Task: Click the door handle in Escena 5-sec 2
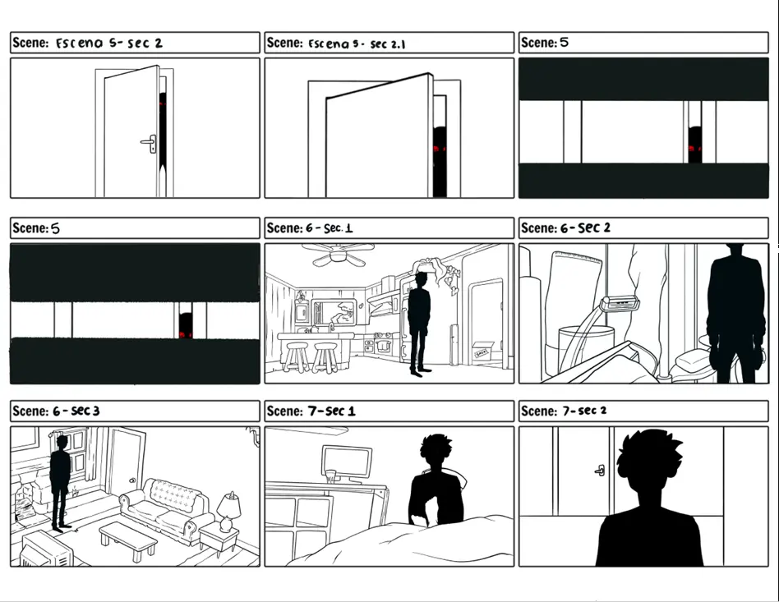click(x=150, y=143)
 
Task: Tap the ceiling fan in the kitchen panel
click(x=338, y=253)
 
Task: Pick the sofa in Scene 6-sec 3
click(x=167, y=509)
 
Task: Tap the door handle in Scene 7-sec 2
click(x=600, y=470)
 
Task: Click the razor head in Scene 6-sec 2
click(x=619, y=302)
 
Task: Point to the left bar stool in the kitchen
click(x=297, y=357)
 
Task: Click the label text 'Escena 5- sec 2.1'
click(x=357, y=44)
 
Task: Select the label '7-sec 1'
click(x=331, y=411)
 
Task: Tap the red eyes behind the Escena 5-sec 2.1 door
click(x=439, y=148)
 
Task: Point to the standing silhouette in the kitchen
click(x=419, y=324)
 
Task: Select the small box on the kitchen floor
click(x=482, y=352)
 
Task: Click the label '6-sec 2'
click(x=585, y=228)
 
